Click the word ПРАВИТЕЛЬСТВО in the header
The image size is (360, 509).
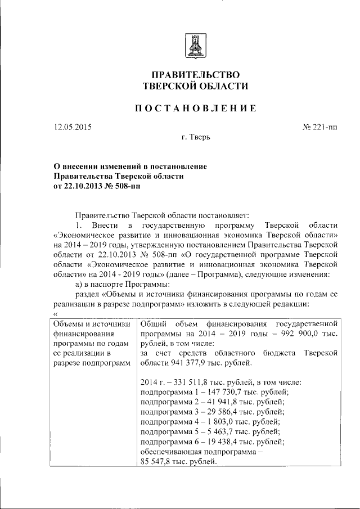(x=195, y=75)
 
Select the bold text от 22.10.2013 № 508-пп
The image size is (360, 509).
(x=97, y=187)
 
